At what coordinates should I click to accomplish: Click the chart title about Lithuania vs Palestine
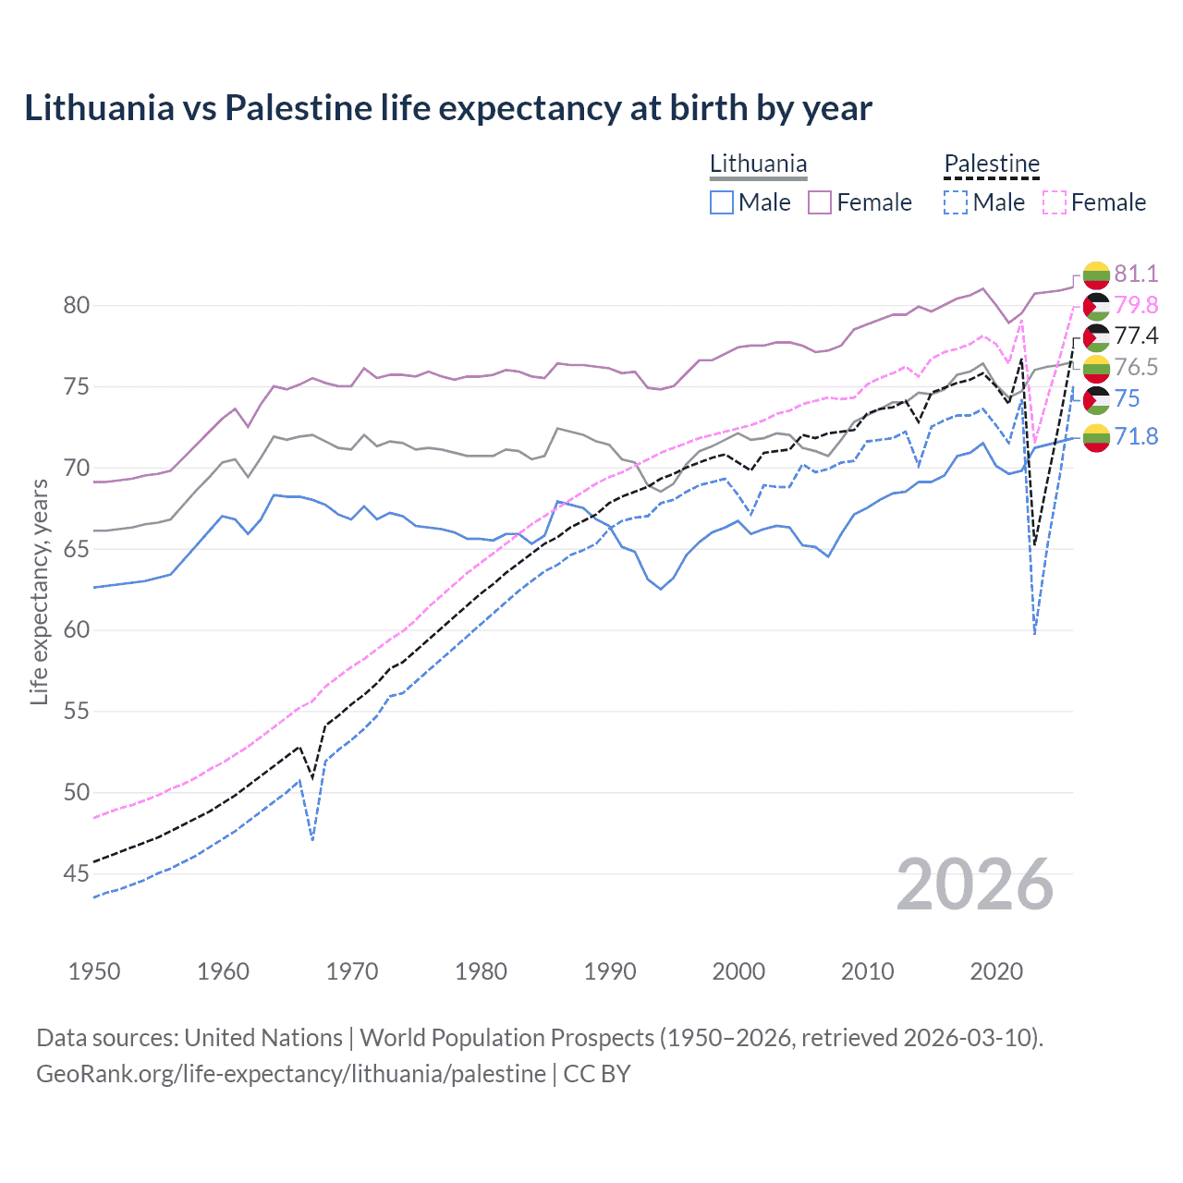(448, 108)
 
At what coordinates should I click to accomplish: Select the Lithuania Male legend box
(722, 202)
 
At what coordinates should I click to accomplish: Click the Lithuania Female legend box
(820, 202)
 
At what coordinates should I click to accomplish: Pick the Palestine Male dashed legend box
(956, 202)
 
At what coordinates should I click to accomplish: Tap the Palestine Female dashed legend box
(1054, 202)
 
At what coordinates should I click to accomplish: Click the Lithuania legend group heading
(758, 165)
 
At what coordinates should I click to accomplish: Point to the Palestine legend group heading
(992, 165)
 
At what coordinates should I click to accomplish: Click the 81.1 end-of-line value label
(1136, 274)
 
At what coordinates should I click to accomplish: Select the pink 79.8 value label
(1136, 305)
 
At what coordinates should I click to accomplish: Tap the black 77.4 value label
(1136, 335)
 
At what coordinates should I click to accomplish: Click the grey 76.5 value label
(1136, 367)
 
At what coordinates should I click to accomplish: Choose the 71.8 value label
(1136, 436)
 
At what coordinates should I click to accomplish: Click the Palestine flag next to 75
(1096, 399)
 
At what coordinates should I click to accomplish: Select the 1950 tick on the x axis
(94, 971)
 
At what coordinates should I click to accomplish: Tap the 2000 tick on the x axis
(738, 971)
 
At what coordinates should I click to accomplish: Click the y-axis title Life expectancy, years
(39, 591)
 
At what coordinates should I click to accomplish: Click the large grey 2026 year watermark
(974, 884)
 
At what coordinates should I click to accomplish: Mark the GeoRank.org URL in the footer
(291, 1074)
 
